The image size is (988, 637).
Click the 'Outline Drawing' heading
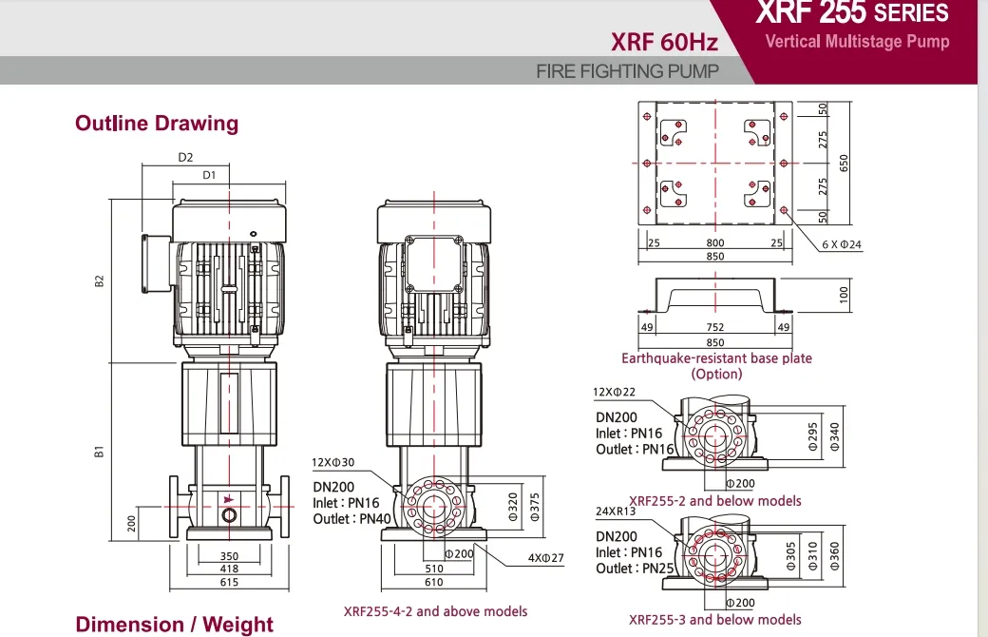[157, 124]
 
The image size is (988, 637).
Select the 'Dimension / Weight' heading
[174, 625]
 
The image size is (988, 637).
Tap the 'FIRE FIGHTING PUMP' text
[627, 71]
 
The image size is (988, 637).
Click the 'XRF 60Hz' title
[664, 42]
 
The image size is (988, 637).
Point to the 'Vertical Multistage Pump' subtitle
[857, 42]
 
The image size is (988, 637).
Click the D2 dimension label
[185, 158]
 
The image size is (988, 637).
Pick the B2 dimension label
[99, 281]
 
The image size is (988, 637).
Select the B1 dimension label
[99, 453]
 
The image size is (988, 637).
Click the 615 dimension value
[229, 583]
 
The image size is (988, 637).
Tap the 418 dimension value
[229, 569]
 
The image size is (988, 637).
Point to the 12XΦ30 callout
[332, 463]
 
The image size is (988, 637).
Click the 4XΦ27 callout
[546, 559]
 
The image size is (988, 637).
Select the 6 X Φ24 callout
[842, 244]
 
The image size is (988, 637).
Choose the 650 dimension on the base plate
[843, 163]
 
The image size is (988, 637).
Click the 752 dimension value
[714, 328]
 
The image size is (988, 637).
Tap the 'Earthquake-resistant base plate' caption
[716, 358]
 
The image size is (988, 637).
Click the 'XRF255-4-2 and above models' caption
[435, 611]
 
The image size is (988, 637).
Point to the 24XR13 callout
[615, 511]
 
